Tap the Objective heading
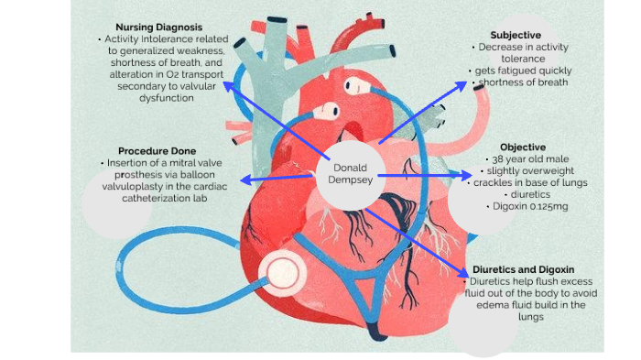(523, 147)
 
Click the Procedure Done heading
(154, 150)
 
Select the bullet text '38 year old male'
(526, 158)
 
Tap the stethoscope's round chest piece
(282, 271)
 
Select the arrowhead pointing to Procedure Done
(243, 180)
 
